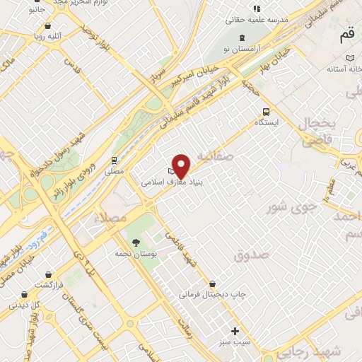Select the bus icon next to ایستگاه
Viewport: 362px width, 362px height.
click(x=266, y=112)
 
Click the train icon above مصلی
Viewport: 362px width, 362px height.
click(x=113, y=160)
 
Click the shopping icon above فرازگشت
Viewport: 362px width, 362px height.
click(x=47, y=273)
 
